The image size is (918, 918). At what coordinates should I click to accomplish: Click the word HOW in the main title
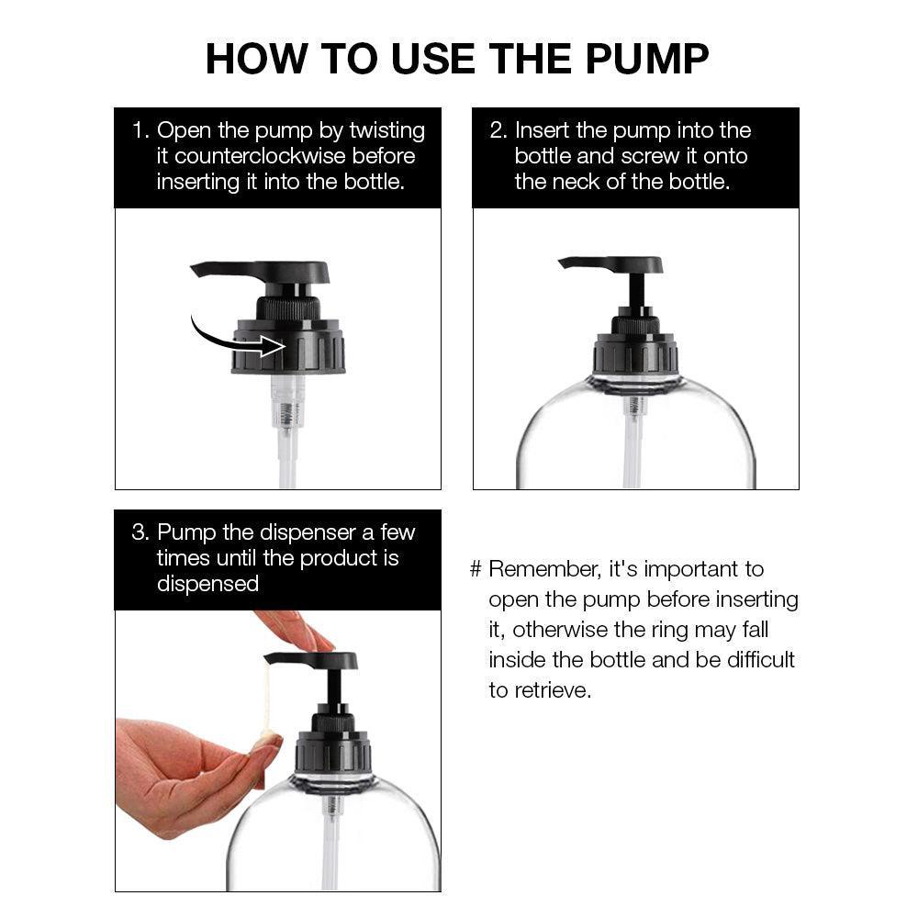(x=256, y=59)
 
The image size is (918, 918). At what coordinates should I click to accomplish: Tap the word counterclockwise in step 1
(x=260, y=156)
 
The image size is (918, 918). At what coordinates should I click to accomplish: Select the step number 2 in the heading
(x=497, y=130)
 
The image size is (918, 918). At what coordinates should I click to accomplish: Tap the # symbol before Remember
(x=476, y=569)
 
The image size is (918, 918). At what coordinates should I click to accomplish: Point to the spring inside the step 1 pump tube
(x=286, y=414)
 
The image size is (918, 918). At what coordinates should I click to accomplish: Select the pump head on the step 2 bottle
(x=611, y=264)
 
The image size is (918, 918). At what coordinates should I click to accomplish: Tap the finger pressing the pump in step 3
(x=296, y=630)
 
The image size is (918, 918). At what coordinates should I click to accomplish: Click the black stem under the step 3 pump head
(x=334, y=688)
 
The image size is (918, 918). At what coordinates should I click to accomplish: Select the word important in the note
(x=691, y=570)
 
